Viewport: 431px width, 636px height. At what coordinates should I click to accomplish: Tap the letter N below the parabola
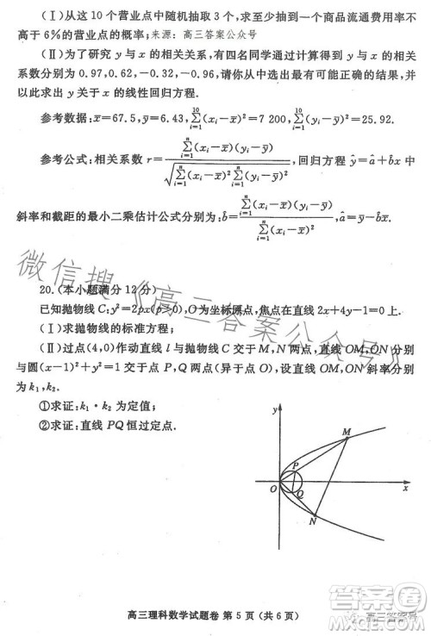[x=313, y=525]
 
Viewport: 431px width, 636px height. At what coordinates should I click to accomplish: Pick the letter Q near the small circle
[x=300, y=495]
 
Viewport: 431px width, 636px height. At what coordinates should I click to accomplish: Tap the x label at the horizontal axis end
[x=405, y=489]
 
